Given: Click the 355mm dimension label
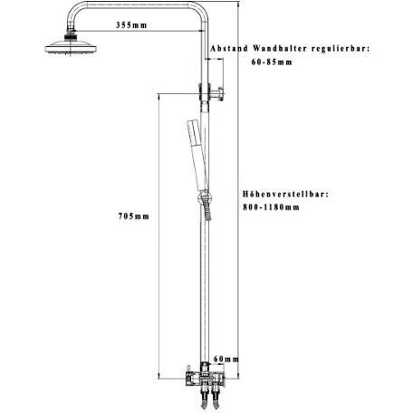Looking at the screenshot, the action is [x=131, y=25].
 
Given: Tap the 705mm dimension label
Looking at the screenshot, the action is [x=134, y=216].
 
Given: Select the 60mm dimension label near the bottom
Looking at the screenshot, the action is [x=226, y=359].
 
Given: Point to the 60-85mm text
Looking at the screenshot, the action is [x=272, y=62].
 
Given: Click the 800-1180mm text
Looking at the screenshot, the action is [x=271, y=207].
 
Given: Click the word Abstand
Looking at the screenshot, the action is [x=229, y=48].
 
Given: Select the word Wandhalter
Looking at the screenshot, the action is [x=280, y=48].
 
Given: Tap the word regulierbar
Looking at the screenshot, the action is [x=341, y=48].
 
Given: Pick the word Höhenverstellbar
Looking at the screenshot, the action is [x=285, y=194].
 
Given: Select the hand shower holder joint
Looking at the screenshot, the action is [x=204, y=197].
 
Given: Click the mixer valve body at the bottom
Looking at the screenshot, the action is [x=204, y=379].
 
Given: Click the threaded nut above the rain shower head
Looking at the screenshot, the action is [x=72, y=37].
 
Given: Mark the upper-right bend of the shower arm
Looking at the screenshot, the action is [x=199, y=10].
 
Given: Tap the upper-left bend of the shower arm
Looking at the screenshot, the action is [x=75, y=10].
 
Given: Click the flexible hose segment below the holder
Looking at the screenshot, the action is [x=207, y=212].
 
